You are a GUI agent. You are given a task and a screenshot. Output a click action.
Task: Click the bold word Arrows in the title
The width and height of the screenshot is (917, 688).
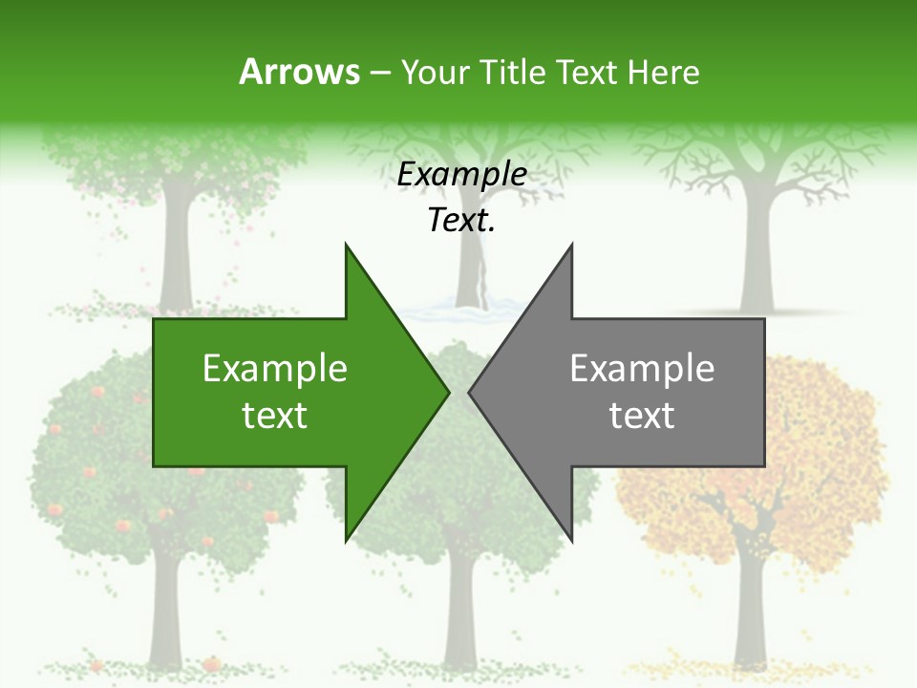(299, 72)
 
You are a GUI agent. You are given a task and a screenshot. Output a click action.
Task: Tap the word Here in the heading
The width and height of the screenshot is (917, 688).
(663, 72)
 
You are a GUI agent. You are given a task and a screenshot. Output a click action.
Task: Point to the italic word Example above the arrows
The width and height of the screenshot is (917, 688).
(461, 175)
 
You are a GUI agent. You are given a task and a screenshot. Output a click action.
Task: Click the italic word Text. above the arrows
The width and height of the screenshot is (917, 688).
(461, 220)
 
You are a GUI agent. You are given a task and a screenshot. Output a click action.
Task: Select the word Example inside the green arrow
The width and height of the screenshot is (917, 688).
(275, 368)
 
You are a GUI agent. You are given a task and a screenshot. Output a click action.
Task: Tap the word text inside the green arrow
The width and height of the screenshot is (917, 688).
(275, 416)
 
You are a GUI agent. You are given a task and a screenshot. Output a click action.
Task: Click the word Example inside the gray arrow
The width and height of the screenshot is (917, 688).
(642, 368)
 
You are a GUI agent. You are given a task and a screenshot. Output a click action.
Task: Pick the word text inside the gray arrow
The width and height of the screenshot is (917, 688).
(642, 416)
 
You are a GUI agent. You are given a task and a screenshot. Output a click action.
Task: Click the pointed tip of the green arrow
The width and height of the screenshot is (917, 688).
(448, 392)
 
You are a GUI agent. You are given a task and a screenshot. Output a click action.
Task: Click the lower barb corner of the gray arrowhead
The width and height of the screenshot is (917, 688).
(571, 540)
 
